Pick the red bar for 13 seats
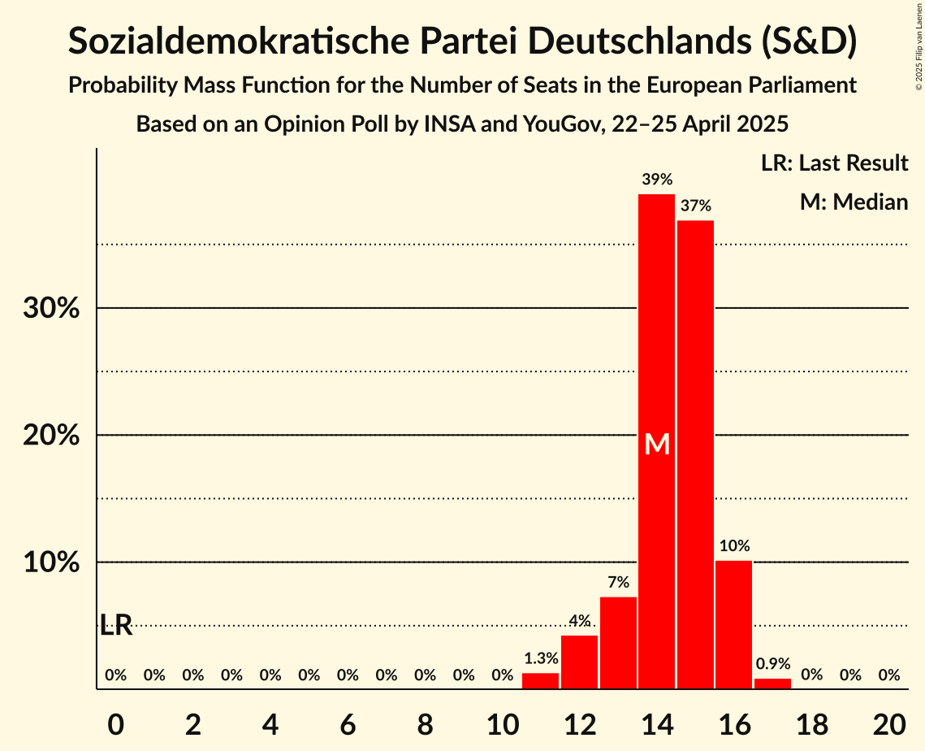[x=618, y=642]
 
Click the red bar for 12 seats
[x=579, y=662]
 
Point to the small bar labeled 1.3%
[x=540, y=681]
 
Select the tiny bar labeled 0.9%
[x=772, y=684]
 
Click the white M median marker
[x=656, y=445]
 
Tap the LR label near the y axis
[x=116, y=625]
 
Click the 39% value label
[x=656, y=180]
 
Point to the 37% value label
[x=695, y=206]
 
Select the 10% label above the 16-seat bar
[x=733, y=545]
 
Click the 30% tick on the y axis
[x=51, y=309]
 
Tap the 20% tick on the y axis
[x=51, y=436]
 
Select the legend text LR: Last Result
[x=834, y=163]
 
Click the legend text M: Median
[x=854, y=202]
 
